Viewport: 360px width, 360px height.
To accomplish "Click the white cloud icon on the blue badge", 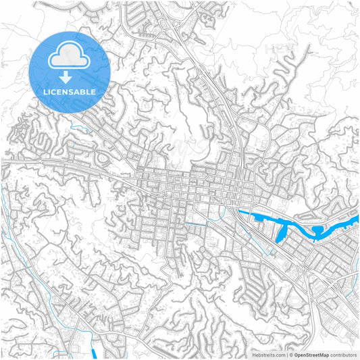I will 70,58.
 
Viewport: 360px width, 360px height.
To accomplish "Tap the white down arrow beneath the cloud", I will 70,78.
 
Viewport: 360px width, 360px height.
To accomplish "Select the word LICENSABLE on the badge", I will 70,91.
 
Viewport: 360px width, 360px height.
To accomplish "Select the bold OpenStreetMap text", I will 316,354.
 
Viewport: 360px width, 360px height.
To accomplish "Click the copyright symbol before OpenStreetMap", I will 291,354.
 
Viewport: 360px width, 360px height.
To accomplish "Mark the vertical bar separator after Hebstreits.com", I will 286,354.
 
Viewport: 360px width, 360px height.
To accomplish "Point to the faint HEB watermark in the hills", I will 277,49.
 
